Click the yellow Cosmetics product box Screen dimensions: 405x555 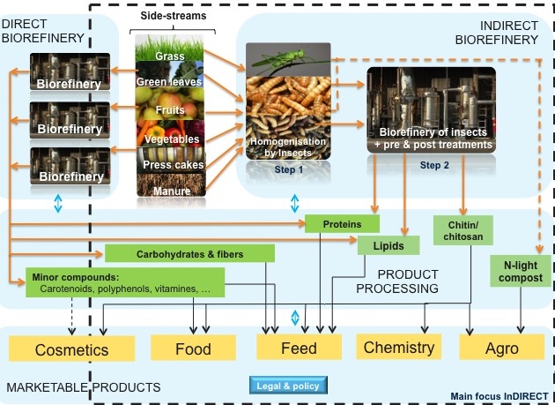(x=71, y=348)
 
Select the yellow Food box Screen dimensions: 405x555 (x=193, y=348)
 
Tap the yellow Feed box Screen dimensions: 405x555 (x=299, y=347)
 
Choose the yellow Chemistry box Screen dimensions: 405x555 (x=399, y=347)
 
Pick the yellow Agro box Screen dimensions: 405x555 (x=501, y=347)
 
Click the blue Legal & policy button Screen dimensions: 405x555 (x=287, y=385)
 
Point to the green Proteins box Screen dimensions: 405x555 (x=342, y=224)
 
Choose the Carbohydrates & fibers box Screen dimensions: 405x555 (x=189, y=254)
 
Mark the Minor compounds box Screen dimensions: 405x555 (x=123, y=281)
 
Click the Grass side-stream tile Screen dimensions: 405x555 (x=168, y=57)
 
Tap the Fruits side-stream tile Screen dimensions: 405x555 (x=168, y=110)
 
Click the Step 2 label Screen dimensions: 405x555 (x=434, y=164)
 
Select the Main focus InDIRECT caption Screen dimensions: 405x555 (x=498, y=395)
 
